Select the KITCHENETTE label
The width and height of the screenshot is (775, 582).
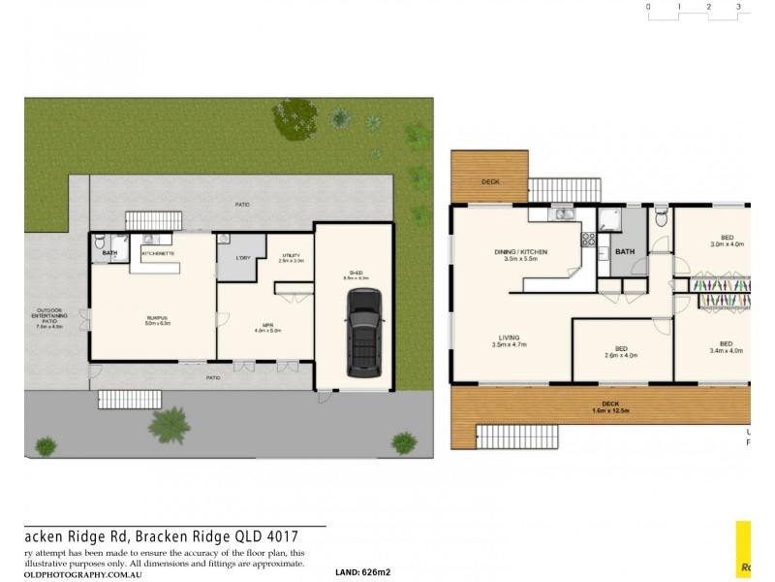pyautogui.click(x=158, y=253)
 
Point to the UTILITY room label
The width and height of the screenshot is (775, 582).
pyautogui.click(x=291, y=257)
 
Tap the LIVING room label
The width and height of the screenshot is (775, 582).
pyautogui.click(x=508, y=339)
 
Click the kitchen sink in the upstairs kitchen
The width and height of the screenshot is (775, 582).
pyautogui.click(x=563, y=214)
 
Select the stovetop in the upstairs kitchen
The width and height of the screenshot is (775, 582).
pyautogui.click(x=586, y=239)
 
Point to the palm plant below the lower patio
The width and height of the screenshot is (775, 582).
pyautogui.click(x=170, y=423)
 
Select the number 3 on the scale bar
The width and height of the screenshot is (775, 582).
pyautogui.click(x=738, y=7)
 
